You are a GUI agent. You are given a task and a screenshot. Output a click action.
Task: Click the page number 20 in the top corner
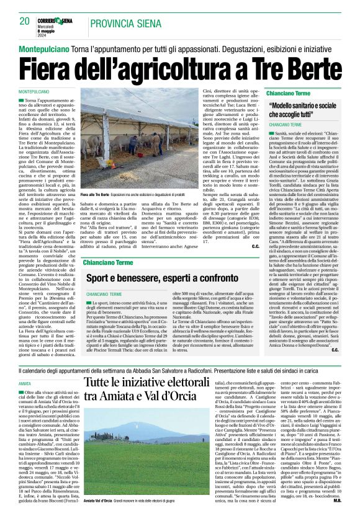point(25,22)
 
